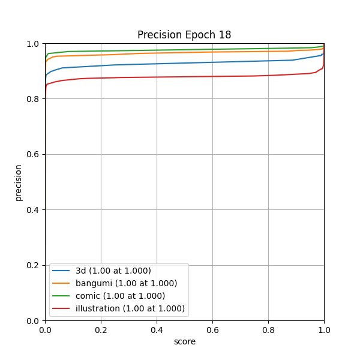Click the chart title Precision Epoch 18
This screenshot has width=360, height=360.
pos(184,35)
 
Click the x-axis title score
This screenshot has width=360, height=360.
pos(184,341)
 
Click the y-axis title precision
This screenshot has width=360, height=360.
pos(19,182)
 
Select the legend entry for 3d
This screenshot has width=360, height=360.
pos(113,271)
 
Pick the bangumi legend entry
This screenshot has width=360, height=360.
pos(126,283)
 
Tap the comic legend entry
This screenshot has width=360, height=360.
pos(120,296)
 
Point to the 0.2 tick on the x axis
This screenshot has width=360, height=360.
pos(101,329)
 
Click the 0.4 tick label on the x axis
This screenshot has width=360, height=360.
pos(157,329)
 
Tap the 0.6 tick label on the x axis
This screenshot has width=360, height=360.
pos(212,329)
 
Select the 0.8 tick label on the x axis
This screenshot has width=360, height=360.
pos(268,329)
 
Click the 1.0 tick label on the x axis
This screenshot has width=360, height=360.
pos(324,329)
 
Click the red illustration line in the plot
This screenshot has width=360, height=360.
pos(180,77)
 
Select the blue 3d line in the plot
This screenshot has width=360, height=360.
pos(180,63)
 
